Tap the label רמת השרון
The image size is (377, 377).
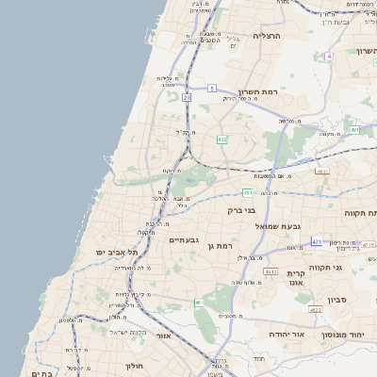coord(261,92)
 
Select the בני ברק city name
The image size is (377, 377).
coord(242,210)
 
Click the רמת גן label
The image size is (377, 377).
coord(221,245)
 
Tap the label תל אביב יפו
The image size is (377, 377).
coord(117,253)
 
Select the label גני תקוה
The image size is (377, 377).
coord(338,267)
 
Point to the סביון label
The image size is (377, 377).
coord(337,300)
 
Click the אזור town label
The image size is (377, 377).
coord(163,335)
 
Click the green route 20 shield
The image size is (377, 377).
coord(187,97)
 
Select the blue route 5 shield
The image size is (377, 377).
coord(213,88)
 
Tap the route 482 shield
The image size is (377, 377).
coord(221,139)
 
